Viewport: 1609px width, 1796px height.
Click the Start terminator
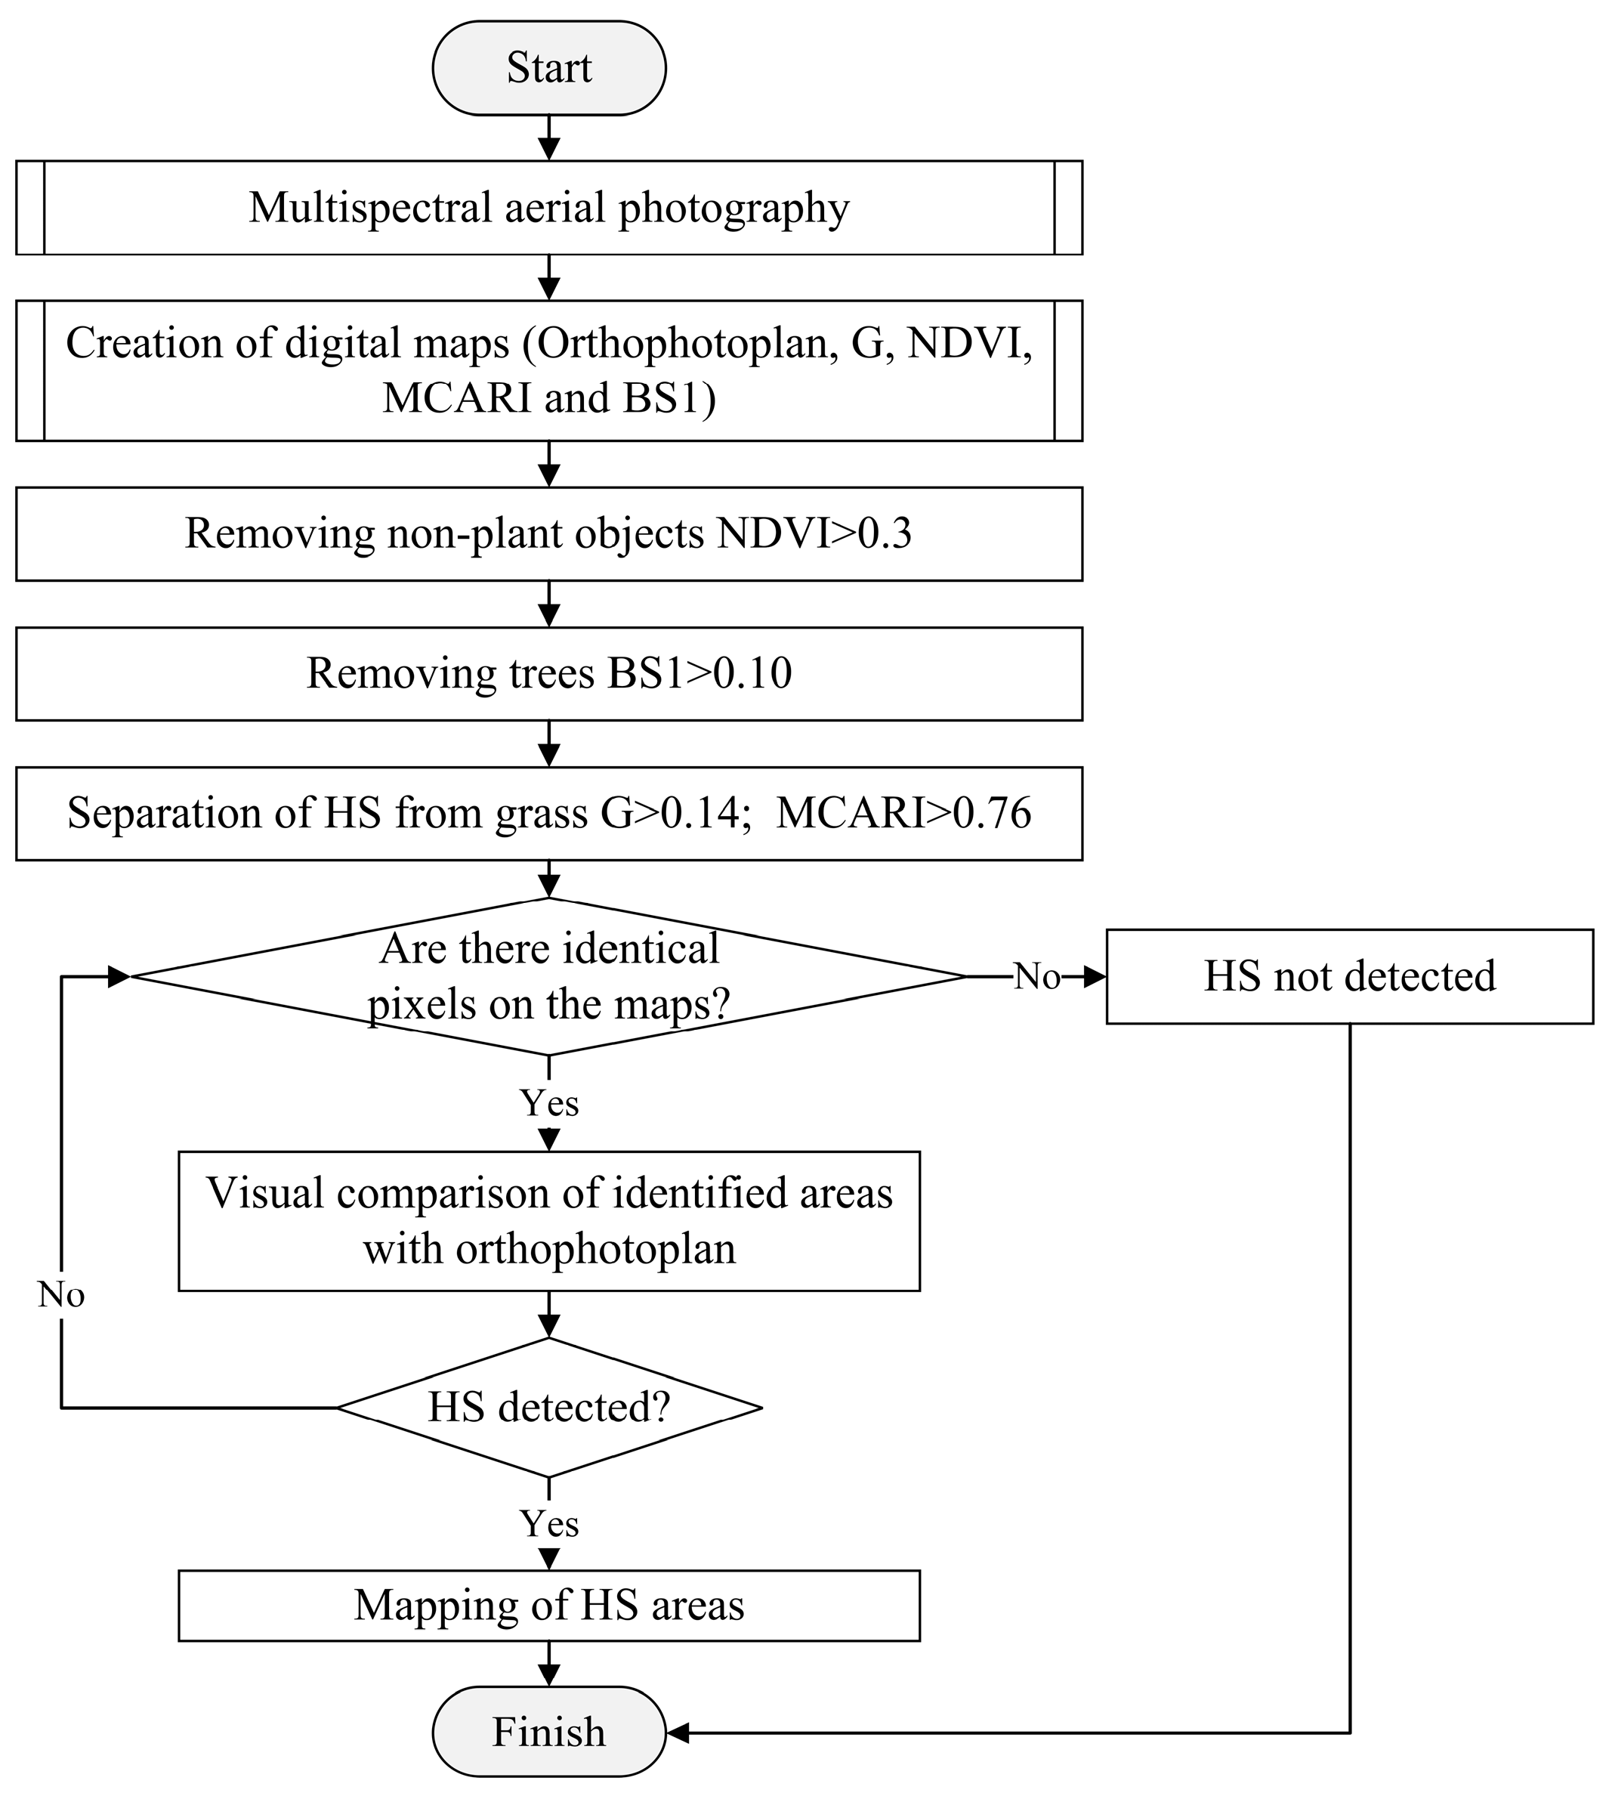(548, 68)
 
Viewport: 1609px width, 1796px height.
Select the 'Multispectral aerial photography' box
(548, 208)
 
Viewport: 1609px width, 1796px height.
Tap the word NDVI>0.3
(814, 533)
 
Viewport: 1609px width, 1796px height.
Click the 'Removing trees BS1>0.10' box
(548, 673)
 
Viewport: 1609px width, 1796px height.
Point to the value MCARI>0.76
(903, 813)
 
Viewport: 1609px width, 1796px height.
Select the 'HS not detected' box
(1349, 976)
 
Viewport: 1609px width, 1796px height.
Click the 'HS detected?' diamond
(548, 1407)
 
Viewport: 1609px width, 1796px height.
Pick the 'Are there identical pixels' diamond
(548, 976)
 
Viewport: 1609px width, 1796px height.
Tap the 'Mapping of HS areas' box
(548, 1605)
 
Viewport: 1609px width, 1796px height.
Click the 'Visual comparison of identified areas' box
(548, 1220)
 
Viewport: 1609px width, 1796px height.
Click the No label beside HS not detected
(1036, 976)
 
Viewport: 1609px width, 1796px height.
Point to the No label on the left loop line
(61, 1294)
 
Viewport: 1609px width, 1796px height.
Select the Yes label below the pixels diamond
(548, 1102)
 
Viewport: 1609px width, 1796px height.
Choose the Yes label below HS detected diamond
(548, 1522)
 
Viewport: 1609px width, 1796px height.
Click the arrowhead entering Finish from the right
(677, 1732)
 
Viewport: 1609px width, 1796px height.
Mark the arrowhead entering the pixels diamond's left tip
(119, 976)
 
